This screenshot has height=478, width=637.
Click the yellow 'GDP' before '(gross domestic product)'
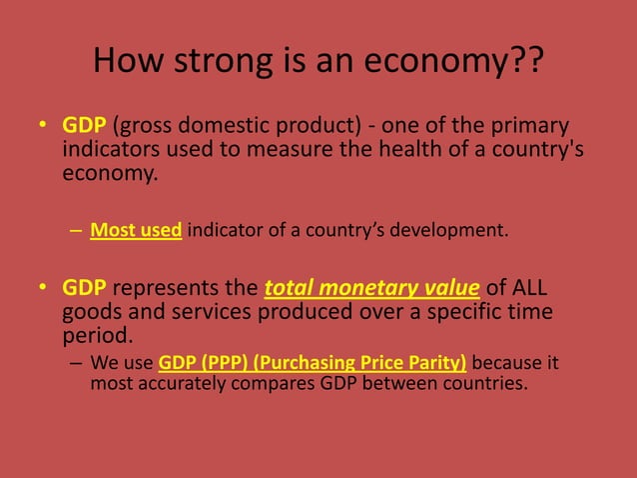point(85,127)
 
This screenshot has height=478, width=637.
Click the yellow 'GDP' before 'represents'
point(85,289)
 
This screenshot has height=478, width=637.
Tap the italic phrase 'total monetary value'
point(371,289)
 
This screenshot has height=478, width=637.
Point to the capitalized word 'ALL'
point(529,289)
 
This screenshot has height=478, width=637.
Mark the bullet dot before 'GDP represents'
point(43,290)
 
